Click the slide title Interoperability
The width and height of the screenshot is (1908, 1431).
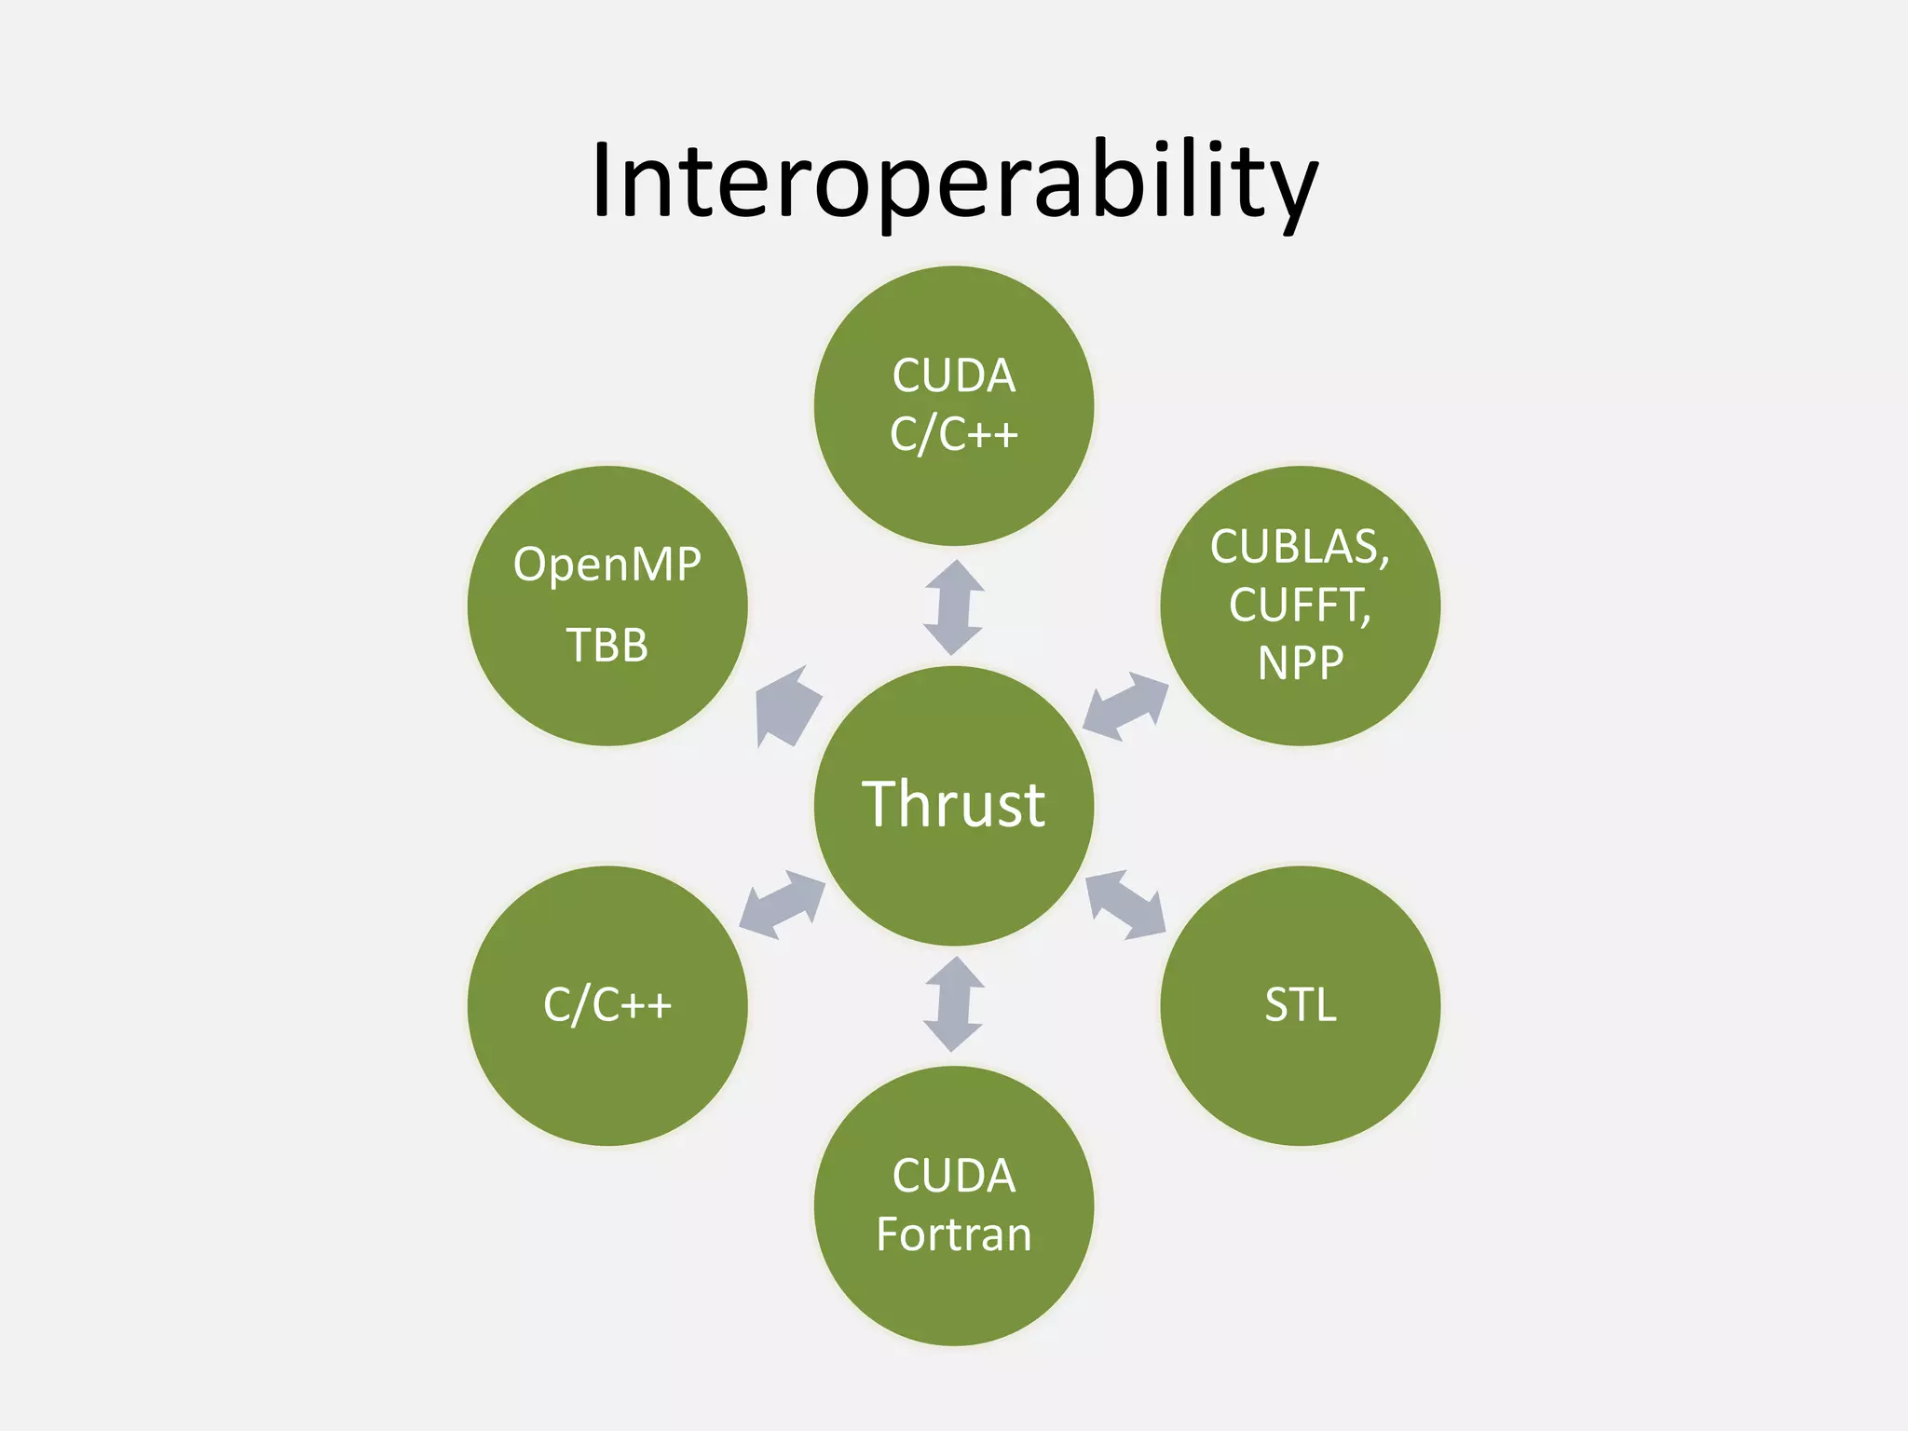tap(954, 182)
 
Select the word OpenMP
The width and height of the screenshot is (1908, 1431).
tap(606, 565)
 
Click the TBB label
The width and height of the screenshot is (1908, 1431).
tap(606, 645)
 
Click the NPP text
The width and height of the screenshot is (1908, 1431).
tap(1301, 663)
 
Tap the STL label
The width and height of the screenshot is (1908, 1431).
tap(1301, 1005)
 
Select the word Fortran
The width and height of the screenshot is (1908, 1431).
tap(954, 1234)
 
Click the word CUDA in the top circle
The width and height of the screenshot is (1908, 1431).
tap(954, 376)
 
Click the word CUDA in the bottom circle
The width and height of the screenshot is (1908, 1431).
tap(954, 1176)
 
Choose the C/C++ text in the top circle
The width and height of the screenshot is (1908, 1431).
tap(954, 434)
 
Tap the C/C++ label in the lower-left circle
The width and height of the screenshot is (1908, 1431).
tap(607, 1005)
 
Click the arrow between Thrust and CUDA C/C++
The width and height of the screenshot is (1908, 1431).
tap(953, 607)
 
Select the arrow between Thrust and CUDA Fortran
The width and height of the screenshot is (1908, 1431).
tap(953, 1004)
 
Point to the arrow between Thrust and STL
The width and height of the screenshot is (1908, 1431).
tap(1125, 904)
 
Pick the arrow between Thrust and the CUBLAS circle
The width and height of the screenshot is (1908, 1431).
tap(1125, 706)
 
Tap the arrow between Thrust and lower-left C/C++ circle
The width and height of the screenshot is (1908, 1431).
tap(783, 905)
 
